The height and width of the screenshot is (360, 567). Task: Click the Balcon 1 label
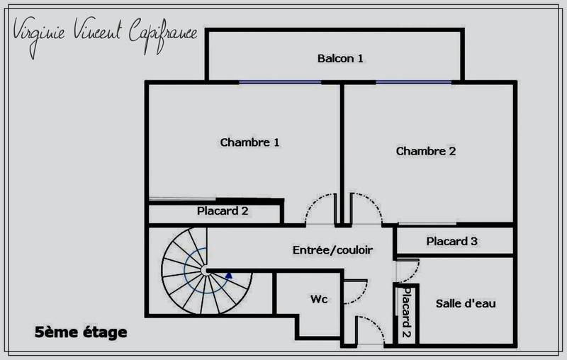pos(340,58)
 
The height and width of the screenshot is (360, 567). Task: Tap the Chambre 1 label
pos(249,142)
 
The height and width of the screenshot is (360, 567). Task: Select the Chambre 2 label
pos(425,151)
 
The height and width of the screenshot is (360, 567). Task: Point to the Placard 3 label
pos(452,242)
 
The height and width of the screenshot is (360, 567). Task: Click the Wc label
pos(319,300)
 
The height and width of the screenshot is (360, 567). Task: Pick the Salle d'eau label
pos(466,303)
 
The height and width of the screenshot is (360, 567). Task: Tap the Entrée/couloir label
pos(333,250)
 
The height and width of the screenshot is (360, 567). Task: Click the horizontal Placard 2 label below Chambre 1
pos(222,211)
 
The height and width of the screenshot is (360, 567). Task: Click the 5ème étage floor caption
pos(80,331)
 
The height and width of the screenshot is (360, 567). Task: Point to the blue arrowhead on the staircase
pos(228,275)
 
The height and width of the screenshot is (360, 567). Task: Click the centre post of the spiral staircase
pos(205,270)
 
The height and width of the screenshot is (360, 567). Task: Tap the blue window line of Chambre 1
pos(279,82)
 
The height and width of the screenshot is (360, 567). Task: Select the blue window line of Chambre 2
pos(413,82)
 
